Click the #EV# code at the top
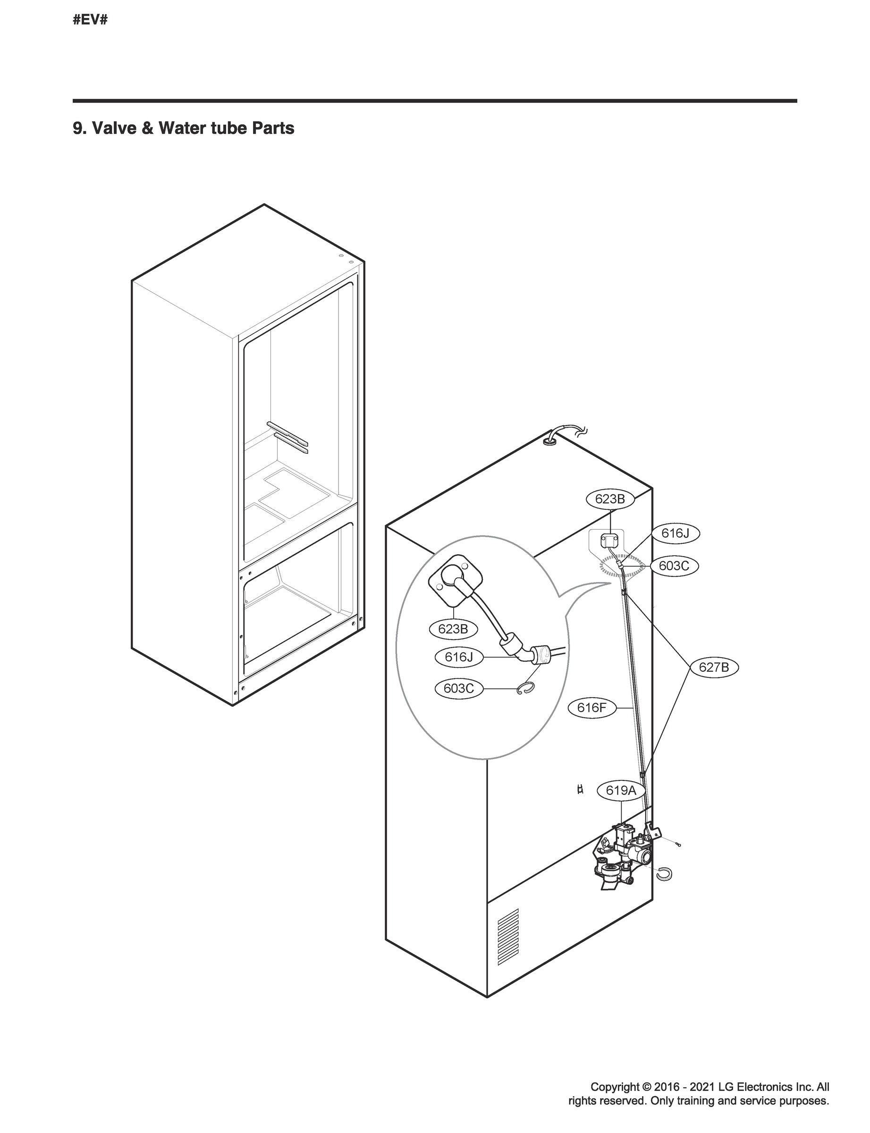pyautogui.click(x=90, y=21)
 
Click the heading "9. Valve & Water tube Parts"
pyautogui.click(x=183, y=128)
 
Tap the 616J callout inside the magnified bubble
pyautogui.click(x=459, y=657)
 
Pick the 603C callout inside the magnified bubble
pyautogui.click(x=458, y=689)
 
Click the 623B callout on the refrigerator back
pyautogui.click(x=609, y=499)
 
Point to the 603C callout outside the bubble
pyautogui.click(x=674, y=566)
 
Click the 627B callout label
pyautogui.click(x=714, y=668)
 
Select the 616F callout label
pyautogui.click(x=591, y=707)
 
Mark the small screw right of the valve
pyautogui.click(x=677, y=845)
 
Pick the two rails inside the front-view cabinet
pyautogui.click(x=287, y=437)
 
